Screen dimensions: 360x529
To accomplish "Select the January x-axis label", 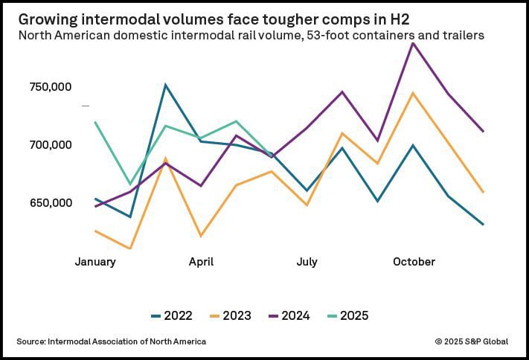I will click(x=95, y=262).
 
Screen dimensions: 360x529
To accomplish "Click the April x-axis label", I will click(x=201, y=262).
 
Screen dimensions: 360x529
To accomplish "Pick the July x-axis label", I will click(x=307, y=262).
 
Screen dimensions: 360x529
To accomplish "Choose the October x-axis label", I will click(x=413, y=262).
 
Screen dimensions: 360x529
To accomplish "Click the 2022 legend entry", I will click(x=171, y=316).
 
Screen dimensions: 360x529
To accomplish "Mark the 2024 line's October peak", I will click(x=413, y=43).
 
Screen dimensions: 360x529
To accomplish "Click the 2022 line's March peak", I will click(x=166, y=85).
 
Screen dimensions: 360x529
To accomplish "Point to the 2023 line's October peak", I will click(x=413, y=93).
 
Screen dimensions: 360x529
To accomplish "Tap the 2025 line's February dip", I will click(x=130, y=184).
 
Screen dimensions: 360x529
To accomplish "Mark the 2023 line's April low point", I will click(x=201, y=236).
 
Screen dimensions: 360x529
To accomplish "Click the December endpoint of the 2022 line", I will click(x=484, y=224).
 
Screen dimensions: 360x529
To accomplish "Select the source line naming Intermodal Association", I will click(x=111, y=341).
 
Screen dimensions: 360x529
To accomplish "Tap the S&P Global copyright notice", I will click(x=472, y=341).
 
